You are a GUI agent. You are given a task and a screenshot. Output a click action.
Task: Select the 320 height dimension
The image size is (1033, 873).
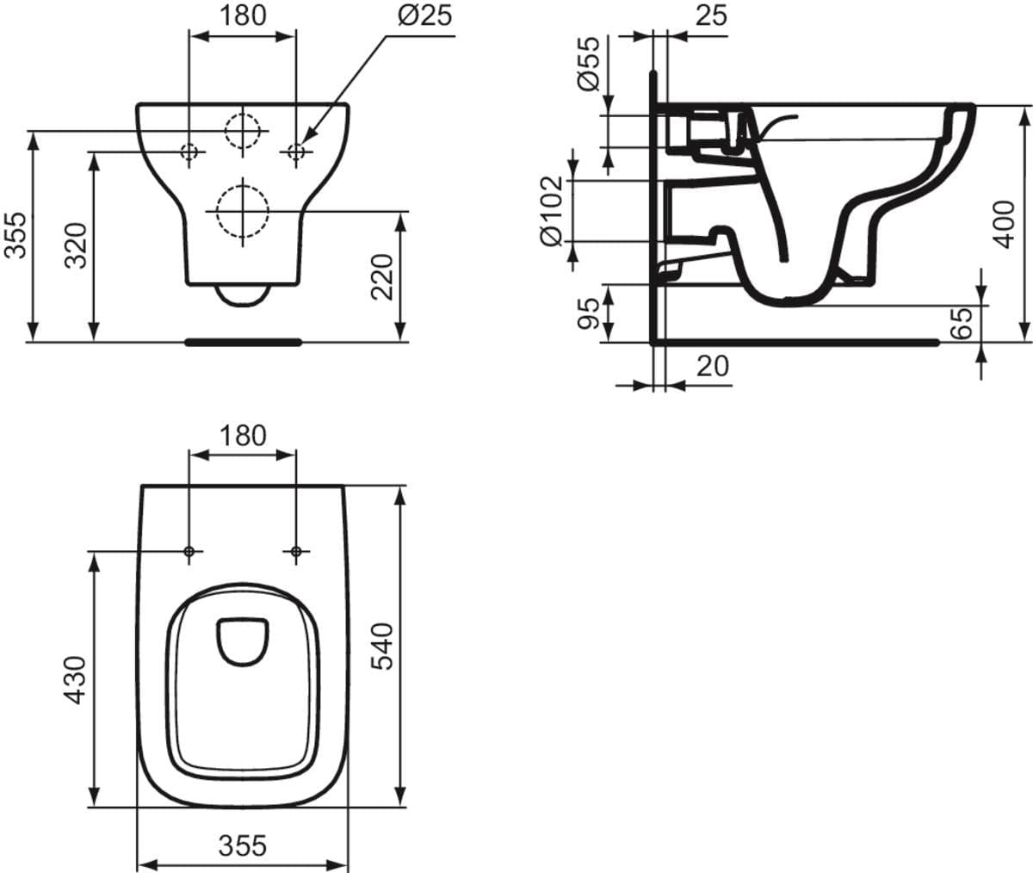[77, 245]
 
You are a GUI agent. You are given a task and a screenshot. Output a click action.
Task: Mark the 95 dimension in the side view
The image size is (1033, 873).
[588, 313]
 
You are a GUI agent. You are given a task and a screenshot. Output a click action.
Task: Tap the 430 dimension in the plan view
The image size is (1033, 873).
[77, 680]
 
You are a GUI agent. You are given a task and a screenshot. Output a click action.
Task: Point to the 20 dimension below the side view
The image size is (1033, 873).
[712, 366]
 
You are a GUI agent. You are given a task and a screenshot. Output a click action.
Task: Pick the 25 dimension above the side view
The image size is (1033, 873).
[710, 15]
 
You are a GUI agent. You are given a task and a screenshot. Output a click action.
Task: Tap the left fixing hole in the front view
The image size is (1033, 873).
[189, 152]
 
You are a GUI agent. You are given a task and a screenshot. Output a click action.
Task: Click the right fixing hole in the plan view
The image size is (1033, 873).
[296, 550]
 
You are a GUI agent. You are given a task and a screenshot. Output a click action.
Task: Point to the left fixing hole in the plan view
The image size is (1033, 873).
[189, 550]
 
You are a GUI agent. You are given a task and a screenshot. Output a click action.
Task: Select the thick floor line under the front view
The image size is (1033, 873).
[243, 342]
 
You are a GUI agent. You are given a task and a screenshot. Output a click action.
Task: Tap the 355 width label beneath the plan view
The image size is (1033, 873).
[242, 845]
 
